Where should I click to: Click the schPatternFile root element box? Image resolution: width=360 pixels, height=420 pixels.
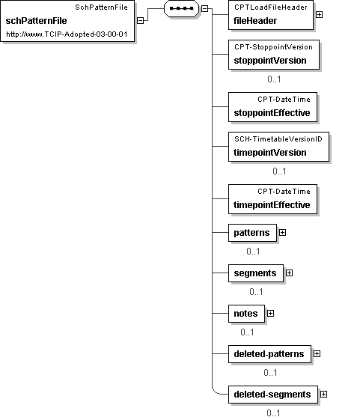pos(67,21)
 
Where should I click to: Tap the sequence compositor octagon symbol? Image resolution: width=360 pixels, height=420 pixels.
pos(182,8)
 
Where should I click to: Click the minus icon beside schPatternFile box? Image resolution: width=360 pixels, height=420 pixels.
pos(140,21)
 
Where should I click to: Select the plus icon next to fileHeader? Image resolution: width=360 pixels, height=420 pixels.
pos(319,14)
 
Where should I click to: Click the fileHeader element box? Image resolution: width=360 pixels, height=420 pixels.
pos(271,15)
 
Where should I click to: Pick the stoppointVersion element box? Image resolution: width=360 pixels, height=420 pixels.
pos(274,55)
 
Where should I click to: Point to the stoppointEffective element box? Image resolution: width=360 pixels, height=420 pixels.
pos(272,107)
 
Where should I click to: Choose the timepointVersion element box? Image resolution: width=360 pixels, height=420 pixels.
pos(278,147)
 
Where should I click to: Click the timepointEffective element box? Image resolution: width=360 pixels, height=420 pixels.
pos(272,199)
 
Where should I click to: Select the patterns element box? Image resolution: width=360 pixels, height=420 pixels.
pos(252,233)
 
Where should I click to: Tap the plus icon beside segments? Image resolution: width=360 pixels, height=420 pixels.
pos(289,273)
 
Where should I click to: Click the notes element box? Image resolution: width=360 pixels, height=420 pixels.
pos(246,314)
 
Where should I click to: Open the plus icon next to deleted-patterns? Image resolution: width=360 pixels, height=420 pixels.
pos(317,354)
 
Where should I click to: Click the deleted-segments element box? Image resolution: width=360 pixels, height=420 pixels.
pos(273,395)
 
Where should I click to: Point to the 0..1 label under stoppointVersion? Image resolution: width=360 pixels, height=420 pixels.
pos(274,79)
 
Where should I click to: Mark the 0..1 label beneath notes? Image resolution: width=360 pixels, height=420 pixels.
pos(247,332)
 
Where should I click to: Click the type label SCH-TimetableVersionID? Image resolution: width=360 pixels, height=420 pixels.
pos(278,139)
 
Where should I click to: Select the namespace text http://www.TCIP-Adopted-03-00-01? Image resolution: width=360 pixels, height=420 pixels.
pos(67,34)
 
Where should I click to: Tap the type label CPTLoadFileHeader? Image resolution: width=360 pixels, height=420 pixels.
pos(271,7)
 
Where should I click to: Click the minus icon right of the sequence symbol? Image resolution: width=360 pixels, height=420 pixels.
pos(204,8)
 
